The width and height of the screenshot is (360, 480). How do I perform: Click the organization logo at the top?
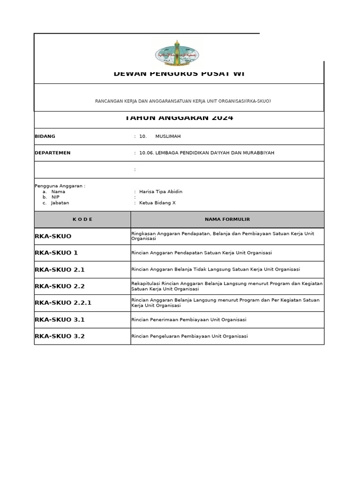pyautogui.click(x=177, y=54)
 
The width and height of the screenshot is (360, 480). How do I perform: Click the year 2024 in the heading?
pyautogui.click(x=222, y=118)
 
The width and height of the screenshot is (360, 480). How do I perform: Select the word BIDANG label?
pyautogui.click(x=45, y=136)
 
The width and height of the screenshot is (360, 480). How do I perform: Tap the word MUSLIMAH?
pyautogui.click(x=168, y=136)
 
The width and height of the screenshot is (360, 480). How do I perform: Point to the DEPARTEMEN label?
pyautogui.click(x=52, y=153)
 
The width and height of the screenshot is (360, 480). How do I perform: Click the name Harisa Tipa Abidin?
pyautogui.click(x=161, y=192)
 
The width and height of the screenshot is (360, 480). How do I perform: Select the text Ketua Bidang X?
pyautogui.click(x=157, y=203)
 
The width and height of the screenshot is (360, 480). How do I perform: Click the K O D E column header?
pyautogui.click(x=82, y=219)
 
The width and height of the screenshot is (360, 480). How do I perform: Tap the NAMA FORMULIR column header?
pyautogui.click(x=227, y=219)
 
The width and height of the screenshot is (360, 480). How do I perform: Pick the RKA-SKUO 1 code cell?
pyautogui.click(x=56, y=253)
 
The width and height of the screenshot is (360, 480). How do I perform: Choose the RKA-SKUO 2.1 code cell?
pyautogui.click(x=60, y=270)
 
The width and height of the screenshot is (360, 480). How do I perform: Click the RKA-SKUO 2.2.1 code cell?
pyautogui.click(x=63, y=303)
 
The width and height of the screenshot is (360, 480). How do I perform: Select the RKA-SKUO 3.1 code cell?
pyautogui.click(x=60, y=320)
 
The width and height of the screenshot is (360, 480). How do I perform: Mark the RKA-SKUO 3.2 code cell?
pyautogui.click(x=60, y=336)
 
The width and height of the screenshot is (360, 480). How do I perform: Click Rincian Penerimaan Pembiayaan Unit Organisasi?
pyautogui.click(x=189, y=320)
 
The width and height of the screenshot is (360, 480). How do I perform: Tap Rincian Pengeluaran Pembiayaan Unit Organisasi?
pyautogui.click(x=190, y=336)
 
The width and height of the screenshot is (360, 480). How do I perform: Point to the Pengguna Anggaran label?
pyautogui.click(x=60, y=186)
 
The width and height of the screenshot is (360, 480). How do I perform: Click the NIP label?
pyautogui.click(x=55, y=197)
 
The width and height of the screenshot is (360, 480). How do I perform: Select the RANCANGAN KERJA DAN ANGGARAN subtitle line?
pyautogui.click(x=183, y=101)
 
